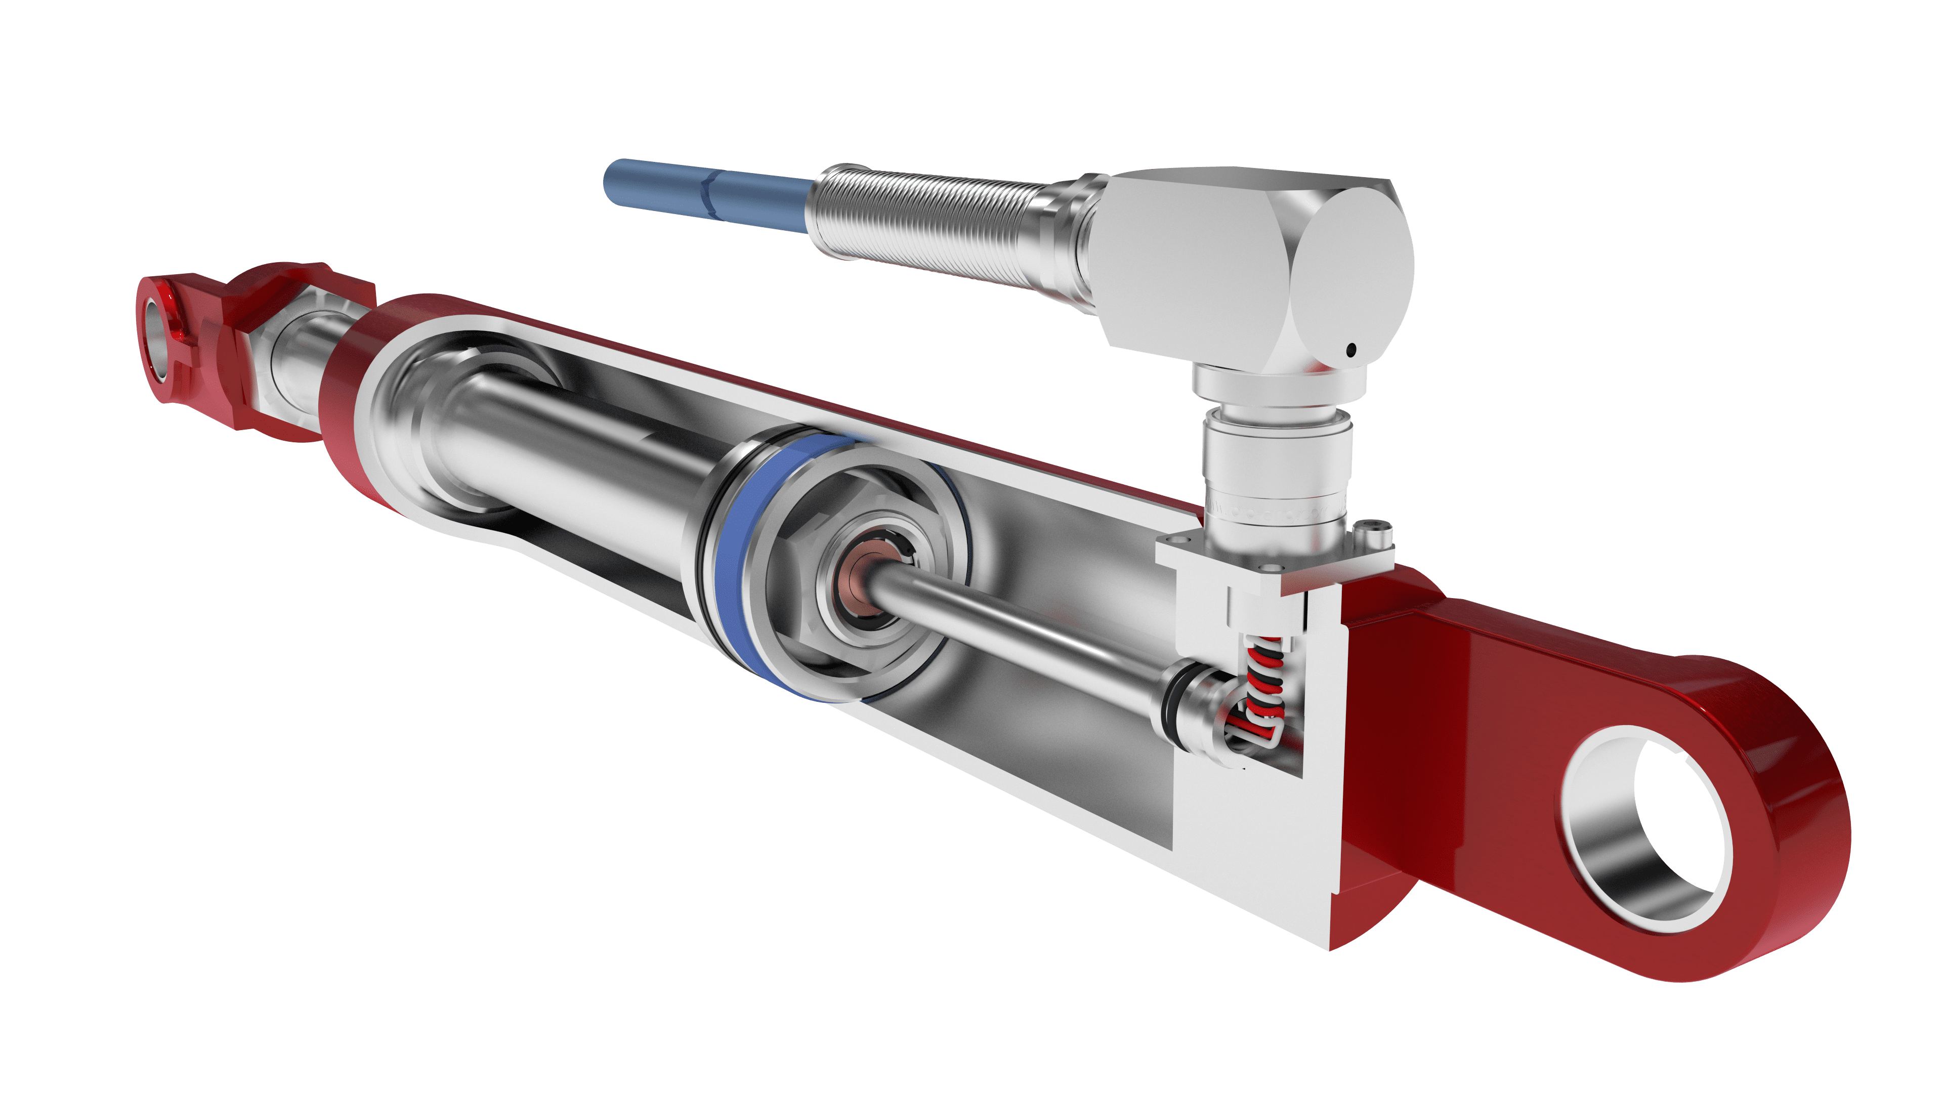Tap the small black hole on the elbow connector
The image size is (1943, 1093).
pyautogui.click(x=1351, y=349)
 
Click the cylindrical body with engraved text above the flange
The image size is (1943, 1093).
pyautogui.click(x=1275, y=483)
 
